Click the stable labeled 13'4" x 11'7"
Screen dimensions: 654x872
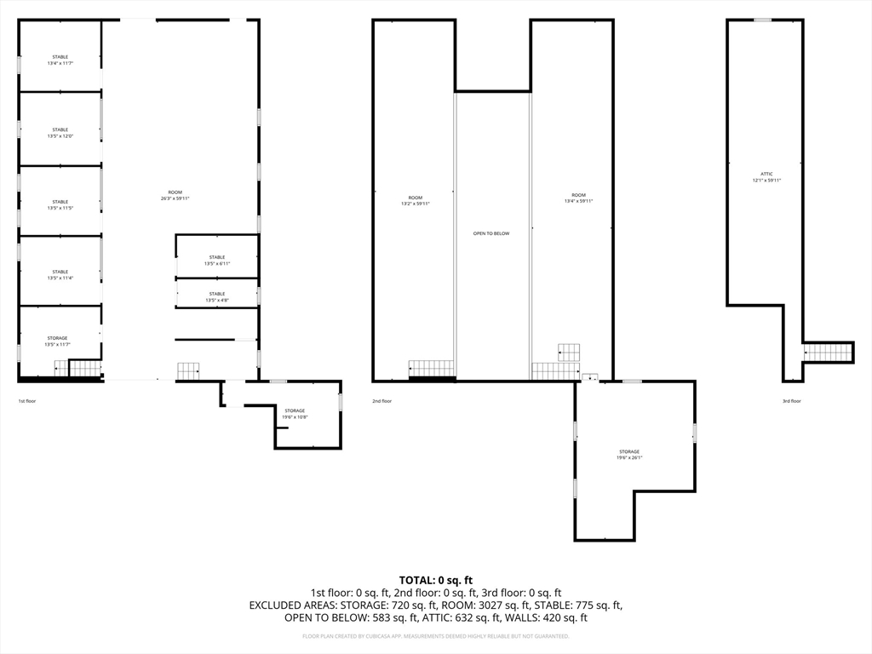click(60, 60)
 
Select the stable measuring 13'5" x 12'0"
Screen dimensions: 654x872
click(60, 133)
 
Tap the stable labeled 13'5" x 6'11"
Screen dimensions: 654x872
click(217, 261)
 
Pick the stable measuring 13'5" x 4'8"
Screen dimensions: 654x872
click(217, 297)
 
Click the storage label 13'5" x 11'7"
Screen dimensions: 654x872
click(58, 341)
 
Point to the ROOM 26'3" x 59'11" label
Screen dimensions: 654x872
click(175, 195)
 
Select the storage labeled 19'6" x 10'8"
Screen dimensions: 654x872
click(295, 414)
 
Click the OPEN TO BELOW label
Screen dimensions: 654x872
click(491, 233)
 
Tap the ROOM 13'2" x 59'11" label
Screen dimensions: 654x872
click(416, 200)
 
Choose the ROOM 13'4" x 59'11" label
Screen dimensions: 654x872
click(579, 198)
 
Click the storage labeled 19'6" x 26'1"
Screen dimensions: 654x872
click(629, 455)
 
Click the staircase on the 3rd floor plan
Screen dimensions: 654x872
click(825, 353)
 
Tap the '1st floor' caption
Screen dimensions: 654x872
click(27, 401)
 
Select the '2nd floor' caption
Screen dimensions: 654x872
click(381, 401)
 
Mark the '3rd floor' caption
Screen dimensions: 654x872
click(791, 401)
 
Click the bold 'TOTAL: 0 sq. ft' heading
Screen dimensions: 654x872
click(436, 580)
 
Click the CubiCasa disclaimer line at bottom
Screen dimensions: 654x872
click(436, 636)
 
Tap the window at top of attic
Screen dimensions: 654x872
click(763, 20)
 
